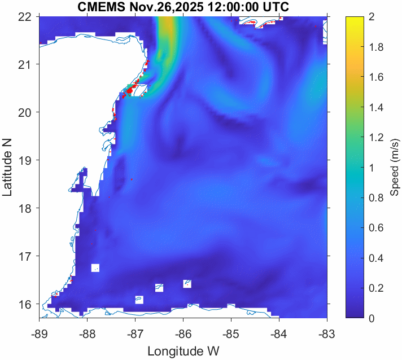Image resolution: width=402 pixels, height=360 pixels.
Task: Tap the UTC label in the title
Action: click(x=274, y=7)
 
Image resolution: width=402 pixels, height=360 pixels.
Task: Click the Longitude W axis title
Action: click(x=183, y=351)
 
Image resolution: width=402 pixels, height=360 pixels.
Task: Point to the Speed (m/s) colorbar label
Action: click(x=395, y=167)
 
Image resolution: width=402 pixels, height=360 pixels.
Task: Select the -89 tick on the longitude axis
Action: click(x=39, y=333)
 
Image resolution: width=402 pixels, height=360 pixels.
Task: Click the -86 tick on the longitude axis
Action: click(x=183, y=333)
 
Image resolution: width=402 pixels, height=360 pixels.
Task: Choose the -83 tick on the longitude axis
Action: click(x=327, y=333)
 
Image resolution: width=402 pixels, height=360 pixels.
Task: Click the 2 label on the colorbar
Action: click(x=369, y=17)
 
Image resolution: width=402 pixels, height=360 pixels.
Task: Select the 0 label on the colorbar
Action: click(x=369, y=319)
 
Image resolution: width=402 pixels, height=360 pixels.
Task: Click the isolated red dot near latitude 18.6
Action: click(x=132, y=179)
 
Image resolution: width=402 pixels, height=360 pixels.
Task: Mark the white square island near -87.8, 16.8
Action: click(x=95, y=267)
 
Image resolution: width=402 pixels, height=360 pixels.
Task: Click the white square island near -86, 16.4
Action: click(x=187, y=283)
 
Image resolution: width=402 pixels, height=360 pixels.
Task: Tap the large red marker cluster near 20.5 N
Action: click(x=130, y=90)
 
